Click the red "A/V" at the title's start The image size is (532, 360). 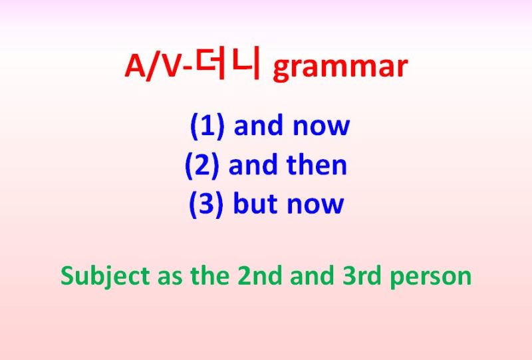[x=152, y=67]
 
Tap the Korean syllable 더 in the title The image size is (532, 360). [x=211, y=67]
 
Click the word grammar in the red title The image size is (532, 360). [x=339, y=69]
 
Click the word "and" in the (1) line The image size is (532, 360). [x=258, y=126]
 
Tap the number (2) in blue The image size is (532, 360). [x=203, y=165]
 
